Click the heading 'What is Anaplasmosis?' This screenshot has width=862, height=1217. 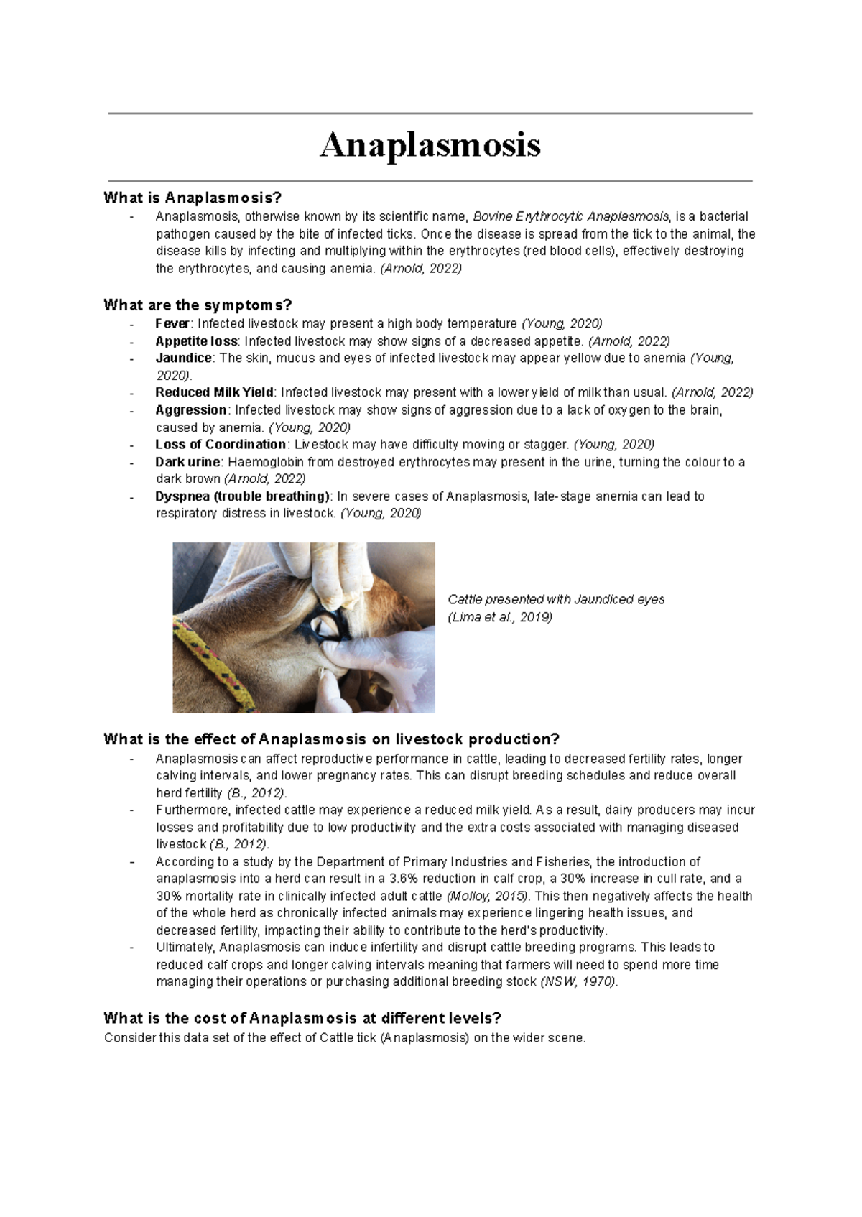click(193, 198)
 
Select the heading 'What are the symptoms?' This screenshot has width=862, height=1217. click(198, 305)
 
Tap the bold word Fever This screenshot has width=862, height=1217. click(172, 323)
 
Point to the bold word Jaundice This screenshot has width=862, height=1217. click(183, 358)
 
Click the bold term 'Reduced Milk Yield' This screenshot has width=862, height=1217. click(214, 392)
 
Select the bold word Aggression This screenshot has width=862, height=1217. click(190, 409)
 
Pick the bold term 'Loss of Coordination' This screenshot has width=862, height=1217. click(221, 444)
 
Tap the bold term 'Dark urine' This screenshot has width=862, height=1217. click(187, 462)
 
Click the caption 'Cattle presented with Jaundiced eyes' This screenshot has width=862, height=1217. click(556, 599)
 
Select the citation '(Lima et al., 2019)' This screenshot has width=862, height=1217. click(500, 617)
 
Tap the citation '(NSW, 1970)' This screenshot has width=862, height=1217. click(578, 981)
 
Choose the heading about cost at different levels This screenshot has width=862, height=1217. click(302, 1018)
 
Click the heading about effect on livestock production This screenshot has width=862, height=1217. click(331, 739)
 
